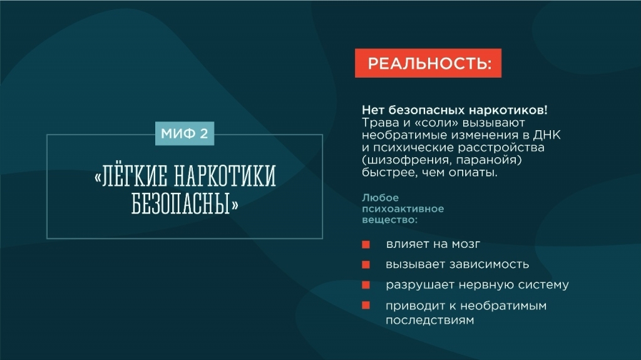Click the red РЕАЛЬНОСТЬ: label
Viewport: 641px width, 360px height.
pos(428,63)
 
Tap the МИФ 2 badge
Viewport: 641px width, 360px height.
pos(185,133)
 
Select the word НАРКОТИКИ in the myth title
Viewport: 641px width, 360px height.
pos(225,177)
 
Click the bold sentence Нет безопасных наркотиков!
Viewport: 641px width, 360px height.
pos(454,110)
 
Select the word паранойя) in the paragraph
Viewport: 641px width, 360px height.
pos(489,160)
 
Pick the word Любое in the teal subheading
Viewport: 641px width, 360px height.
pos(380,198)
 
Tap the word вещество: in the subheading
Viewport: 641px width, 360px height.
pos(389,220)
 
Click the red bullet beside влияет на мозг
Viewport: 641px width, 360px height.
pos(366,245)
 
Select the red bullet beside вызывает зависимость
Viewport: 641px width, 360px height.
pos(366,265)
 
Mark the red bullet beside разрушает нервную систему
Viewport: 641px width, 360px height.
pos(366,285)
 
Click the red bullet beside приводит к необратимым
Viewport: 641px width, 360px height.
pos(366,305)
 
